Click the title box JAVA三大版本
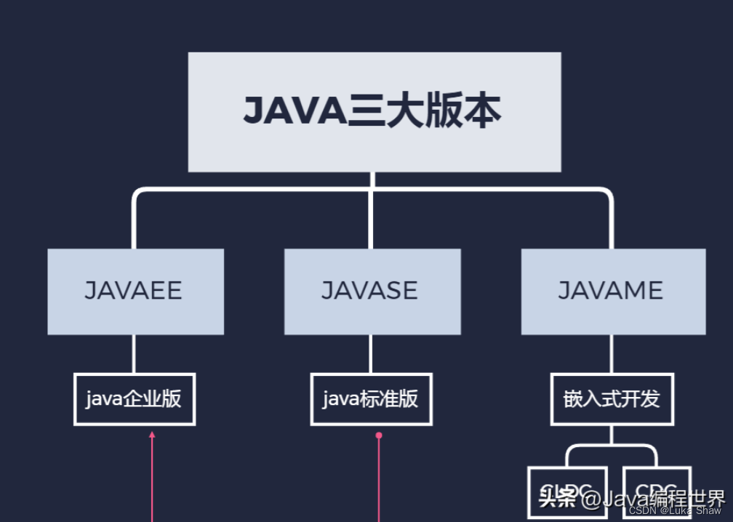374,111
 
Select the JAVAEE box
135,292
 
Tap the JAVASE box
372,292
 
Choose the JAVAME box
612,292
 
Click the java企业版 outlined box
135,399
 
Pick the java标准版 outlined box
371,399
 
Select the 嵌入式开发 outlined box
612,399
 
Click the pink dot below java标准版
379,435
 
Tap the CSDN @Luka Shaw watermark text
674,510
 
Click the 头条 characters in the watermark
558,499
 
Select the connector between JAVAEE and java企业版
134,354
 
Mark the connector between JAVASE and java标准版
371,354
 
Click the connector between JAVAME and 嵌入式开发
612,354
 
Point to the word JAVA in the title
295,112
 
